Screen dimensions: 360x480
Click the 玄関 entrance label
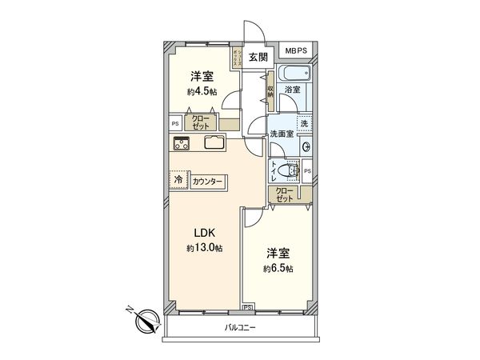(257, 57)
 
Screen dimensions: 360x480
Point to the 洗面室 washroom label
(281, 134)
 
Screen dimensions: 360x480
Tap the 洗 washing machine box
(305, 124)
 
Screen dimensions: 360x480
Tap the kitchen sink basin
(215, 144)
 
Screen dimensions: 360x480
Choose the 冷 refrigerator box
(178, 181)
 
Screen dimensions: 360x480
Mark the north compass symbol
(145, 322)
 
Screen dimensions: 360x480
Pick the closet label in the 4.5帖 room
(201, 122)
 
